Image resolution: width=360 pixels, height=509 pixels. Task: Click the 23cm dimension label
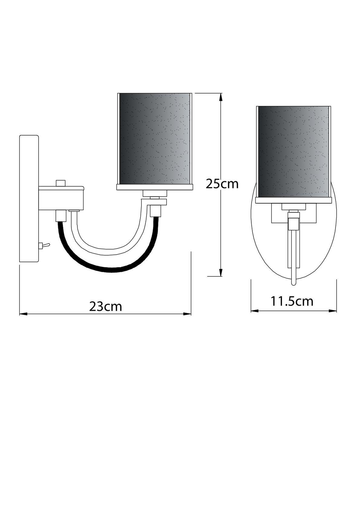pyautogui.click(x=105, y=306)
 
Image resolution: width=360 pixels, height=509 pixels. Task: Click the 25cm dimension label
pyautogui.click(x=222, y=184)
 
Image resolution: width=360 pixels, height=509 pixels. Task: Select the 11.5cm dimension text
pyautogui.click(x=292, y=301)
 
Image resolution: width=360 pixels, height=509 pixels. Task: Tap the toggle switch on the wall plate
pyautogui.click(x=43, y=246)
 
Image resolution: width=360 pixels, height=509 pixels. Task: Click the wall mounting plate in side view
pyautogui.click(x=29, y=199)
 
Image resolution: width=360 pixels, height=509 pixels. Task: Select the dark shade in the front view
pyautogui.click(x=293, y=151)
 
